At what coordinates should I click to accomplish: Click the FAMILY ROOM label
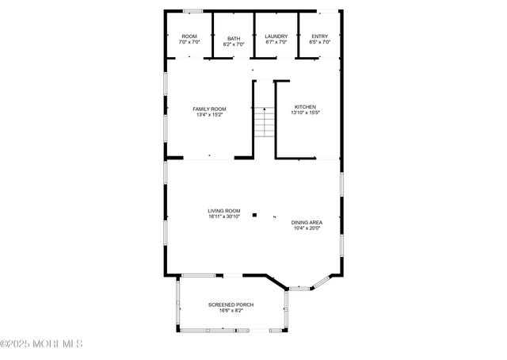pyautogui.click(x=210, y=109)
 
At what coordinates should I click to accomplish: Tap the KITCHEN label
pyautogui.click(x=306, y=107)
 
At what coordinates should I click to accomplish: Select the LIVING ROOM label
pyautogui.click(x=224, y=211)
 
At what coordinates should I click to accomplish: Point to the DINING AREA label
pyautogui.click(x=306, y=223)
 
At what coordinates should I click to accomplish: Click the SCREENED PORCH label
pyautogui.click(x=231, y=304)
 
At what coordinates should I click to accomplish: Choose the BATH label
pyautogui.click(x=234, y=39)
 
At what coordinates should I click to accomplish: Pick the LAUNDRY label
pyautogui.click(x=276, y=36)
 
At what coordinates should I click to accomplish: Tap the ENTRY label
pyautogui.click(x=319, y=36)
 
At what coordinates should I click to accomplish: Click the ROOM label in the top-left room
pyautogui.click(x=189, y=36)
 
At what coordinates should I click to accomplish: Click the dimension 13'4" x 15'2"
pyautogui.click(x=210, y=115)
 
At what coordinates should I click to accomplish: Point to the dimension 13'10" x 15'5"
pyautogui.click(x=306, y=113)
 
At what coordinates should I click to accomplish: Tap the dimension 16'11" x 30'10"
pyautogui.click(x=224, y=216)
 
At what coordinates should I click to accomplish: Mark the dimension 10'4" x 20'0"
pyautogui.click(x=306, y=228)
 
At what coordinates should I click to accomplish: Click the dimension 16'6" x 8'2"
pyautogui.click(x=231, y=310)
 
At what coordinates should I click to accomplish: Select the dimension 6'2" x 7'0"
pyautogui.click(x=234, y=44)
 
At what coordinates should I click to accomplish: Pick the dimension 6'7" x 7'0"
pyautogui.click(x=276, y=42)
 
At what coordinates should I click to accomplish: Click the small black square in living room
pyautogui.click(x=254, y=214)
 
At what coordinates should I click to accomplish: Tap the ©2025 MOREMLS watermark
pyautogui.click(x=41, y=344)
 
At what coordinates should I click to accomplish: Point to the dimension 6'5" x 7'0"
pyautogui.click(x=319, y=42)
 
